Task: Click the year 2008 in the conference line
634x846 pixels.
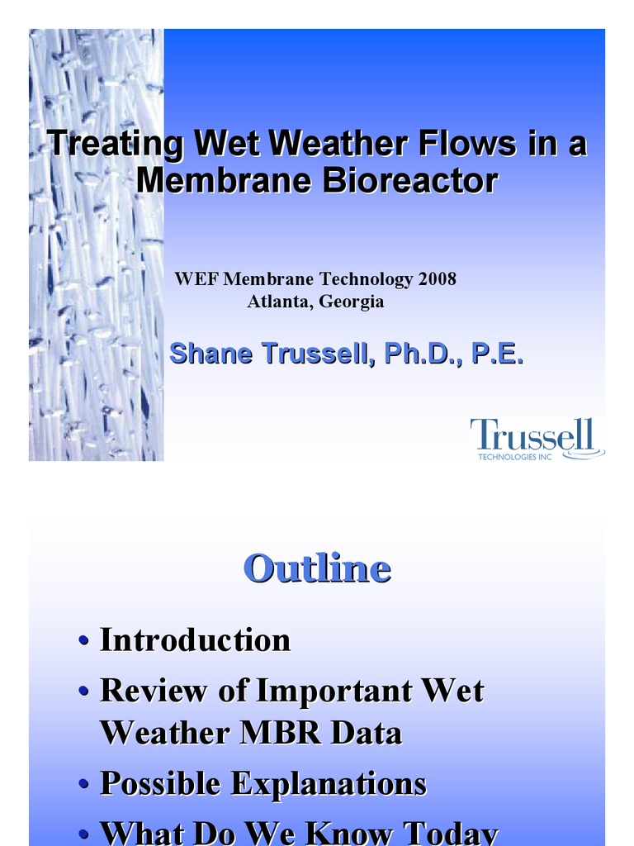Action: (437, 279)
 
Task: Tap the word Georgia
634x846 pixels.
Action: (352, 302)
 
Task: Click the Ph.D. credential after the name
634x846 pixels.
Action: (419, 354)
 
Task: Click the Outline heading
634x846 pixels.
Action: (317, 568)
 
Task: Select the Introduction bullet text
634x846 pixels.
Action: (195, 640)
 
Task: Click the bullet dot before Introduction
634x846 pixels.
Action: (83, 642)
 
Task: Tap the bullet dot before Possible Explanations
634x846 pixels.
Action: (83, 785)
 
